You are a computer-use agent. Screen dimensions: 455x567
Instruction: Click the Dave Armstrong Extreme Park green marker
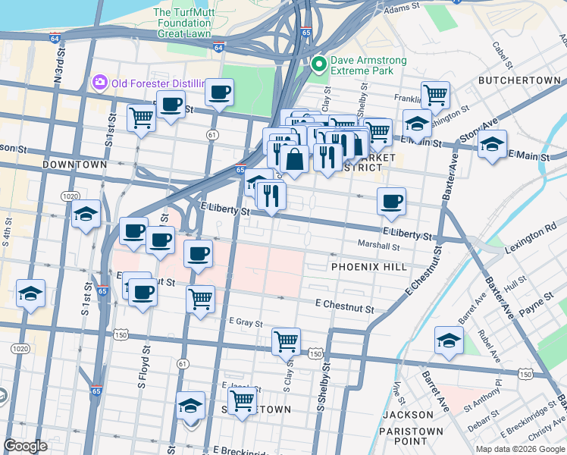tap(318, 65)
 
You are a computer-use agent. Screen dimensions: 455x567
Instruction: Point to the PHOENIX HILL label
tap(369, 267)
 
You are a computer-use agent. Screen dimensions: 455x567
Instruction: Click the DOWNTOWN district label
tap(74, 165)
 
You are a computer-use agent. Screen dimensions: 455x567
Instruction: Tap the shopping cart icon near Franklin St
tap(435, 96)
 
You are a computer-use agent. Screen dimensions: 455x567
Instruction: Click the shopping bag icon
tap(293, 160)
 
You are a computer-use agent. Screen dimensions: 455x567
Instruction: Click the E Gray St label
tap(246, 322)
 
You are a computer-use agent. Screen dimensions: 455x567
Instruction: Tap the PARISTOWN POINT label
tap(413, 436)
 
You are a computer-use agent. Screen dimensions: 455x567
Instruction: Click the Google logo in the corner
tap(25, 446)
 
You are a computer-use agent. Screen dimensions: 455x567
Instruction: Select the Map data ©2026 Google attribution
tap(520, 449)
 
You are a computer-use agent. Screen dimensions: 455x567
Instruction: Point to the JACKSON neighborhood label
tap(407, 415)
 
